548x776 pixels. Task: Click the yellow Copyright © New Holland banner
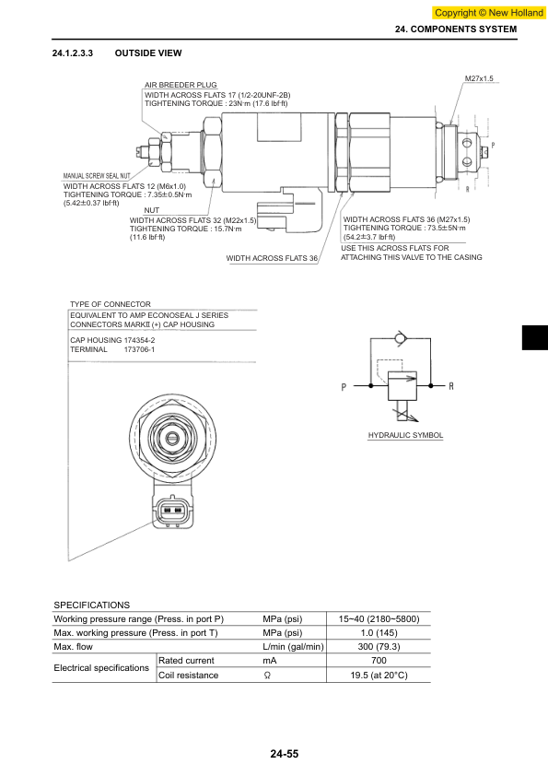pyautogui.click(x=489, y=13)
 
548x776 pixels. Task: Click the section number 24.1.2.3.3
pyautogui.click(x=72, y=53)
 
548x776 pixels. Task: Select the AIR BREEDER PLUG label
pyautogui.click(x=181, y=85)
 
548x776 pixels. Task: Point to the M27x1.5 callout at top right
pyautogui.click(x=479, y=78)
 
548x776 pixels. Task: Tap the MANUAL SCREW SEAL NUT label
pyautogui.click(x=97, y=176)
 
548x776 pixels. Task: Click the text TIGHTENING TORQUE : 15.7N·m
pyautogui.click(x=185, y=229)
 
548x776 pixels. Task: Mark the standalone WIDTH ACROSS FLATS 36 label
pyautogui.click(x=272, y=258)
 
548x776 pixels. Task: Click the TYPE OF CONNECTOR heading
pyautogui.click(x=111, y=304)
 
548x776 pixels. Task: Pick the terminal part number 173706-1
pyautogui.click(x=139, y=349)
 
